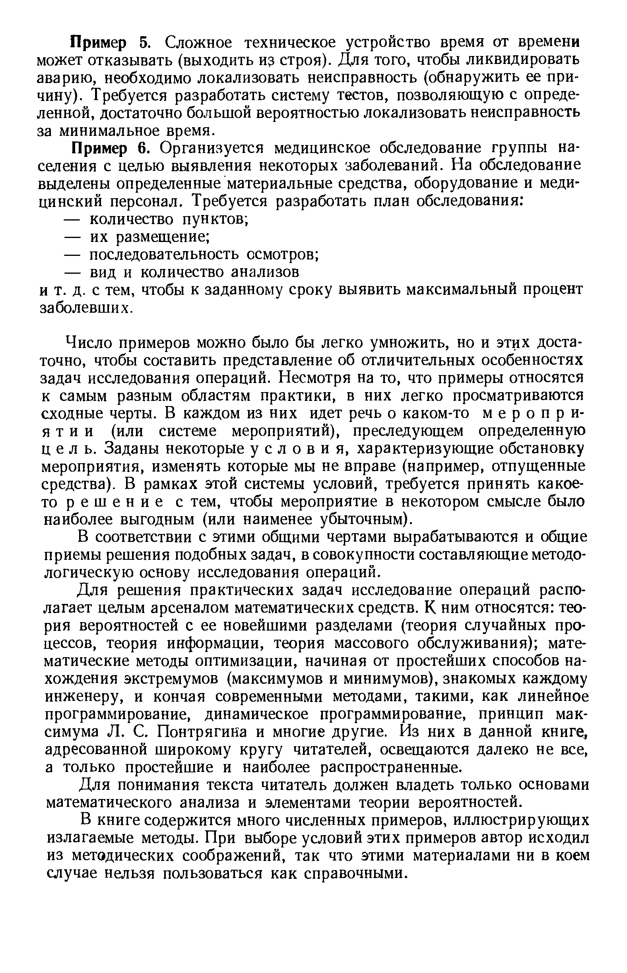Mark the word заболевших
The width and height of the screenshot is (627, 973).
tap(85, 308)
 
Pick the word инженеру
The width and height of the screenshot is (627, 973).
tap(84, 697)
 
